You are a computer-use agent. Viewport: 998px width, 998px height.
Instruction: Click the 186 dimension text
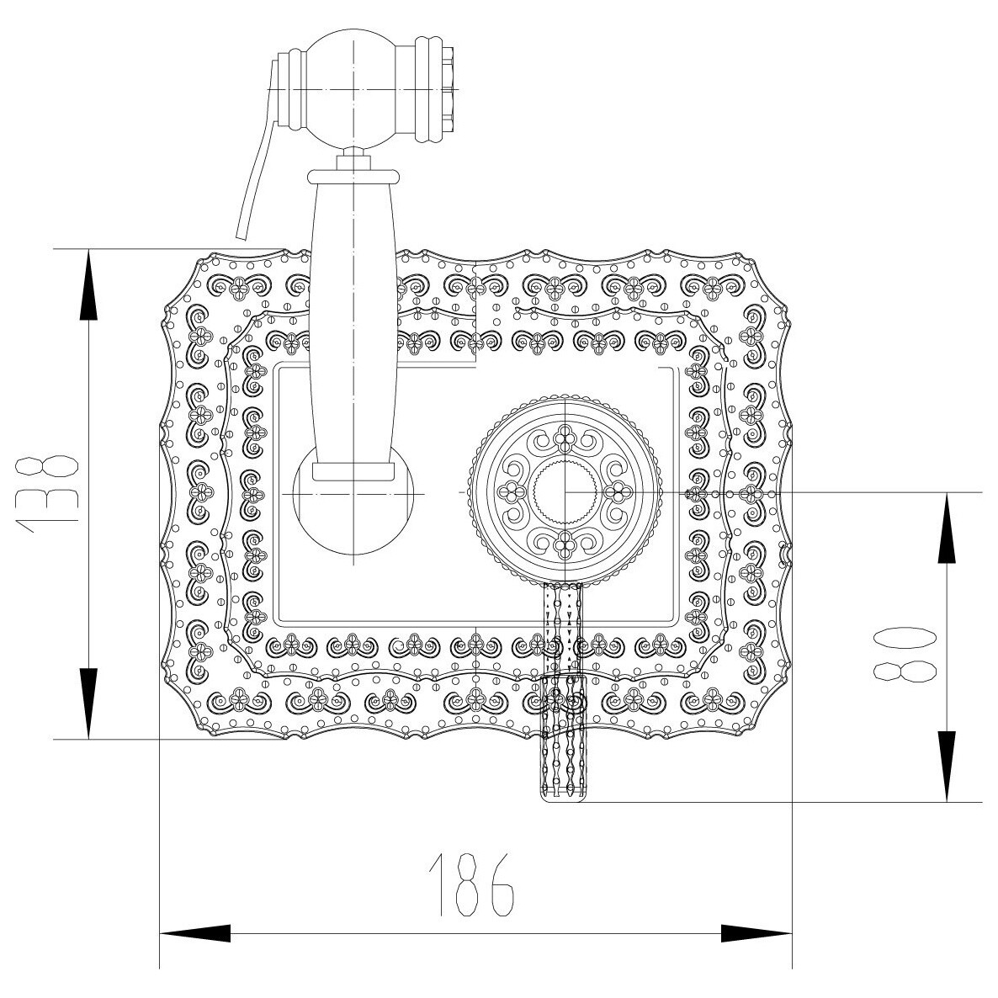pos(471,884)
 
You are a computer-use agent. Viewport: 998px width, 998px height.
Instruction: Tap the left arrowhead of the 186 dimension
pos(194,934)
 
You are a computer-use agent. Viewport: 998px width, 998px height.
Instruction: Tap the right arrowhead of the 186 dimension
pos(756,934)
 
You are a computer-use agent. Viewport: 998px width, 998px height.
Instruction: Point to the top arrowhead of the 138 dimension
pos(88,284)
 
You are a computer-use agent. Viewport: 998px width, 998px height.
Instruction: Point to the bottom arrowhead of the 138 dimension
pos(88,703)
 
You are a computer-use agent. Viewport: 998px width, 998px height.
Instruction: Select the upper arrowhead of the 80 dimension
pos(947,528)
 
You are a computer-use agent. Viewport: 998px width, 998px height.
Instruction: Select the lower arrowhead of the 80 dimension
pos(947,767)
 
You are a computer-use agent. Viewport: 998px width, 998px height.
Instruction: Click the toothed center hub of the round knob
pos(565,492)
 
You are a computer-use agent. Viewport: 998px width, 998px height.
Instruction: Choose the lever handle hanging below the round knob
pos(563,691)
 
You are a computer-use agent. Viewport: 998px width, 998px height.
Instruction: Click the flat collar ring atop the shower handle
pos(353,176)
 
